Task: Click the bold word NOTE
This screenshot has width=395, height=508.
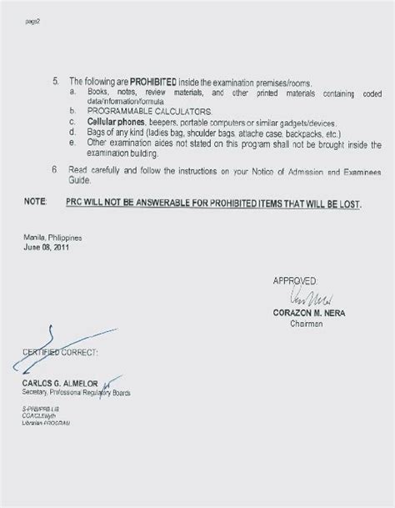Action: click(x=35, y=203)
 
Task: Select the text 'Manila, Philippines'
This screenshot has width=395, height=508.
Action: click(x=51, y=239)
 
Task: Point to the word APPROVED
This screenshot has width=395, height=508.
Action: click(x=293, y=281)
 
